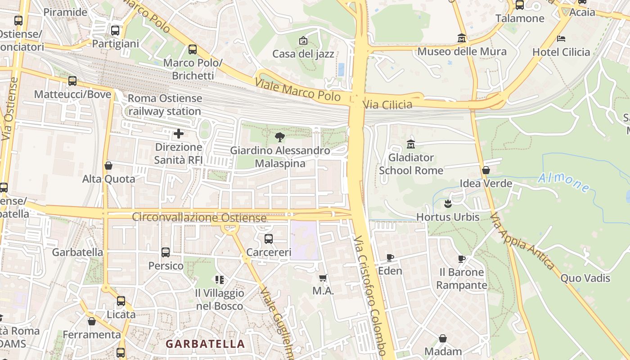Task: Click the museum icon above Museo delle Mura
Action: tap(462, 38)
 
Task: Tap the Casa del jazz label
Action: tap(303, 54)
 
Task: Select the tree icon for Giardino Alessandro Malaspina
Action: tap(280, 137)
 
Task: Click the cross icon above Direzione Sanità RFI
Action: tap(179, 134)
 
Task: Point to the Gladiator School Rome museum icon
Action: tap(411, 144)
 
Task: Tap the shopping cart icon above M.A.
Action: tap(323, 278)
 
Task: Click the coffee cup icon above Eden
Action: tap(390, 257)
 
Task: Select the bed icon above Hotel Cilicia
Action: tap(561, 39)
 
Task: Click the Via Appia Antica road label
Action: tap(522, 241)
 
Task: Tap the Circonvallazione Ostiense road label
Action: tap(199, 217)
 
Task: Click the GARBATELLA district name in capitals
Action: tap(205, 344)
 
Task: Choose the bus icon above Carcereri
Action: tap(269, 239)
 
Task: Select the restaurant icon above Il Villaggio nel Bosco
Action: tap(220, 280)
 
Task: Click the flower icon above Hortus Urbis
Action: tap(448, 204)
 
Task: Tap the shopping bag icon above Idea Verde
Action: tap(486, 170)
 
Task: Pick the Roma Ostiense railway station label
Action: tap(165, 105)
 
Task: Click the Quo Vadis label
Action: tap(585, 278)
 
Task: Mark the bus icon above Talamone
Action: tap(520, 5)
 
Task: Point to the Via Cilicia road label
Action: tap(387, 105)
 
